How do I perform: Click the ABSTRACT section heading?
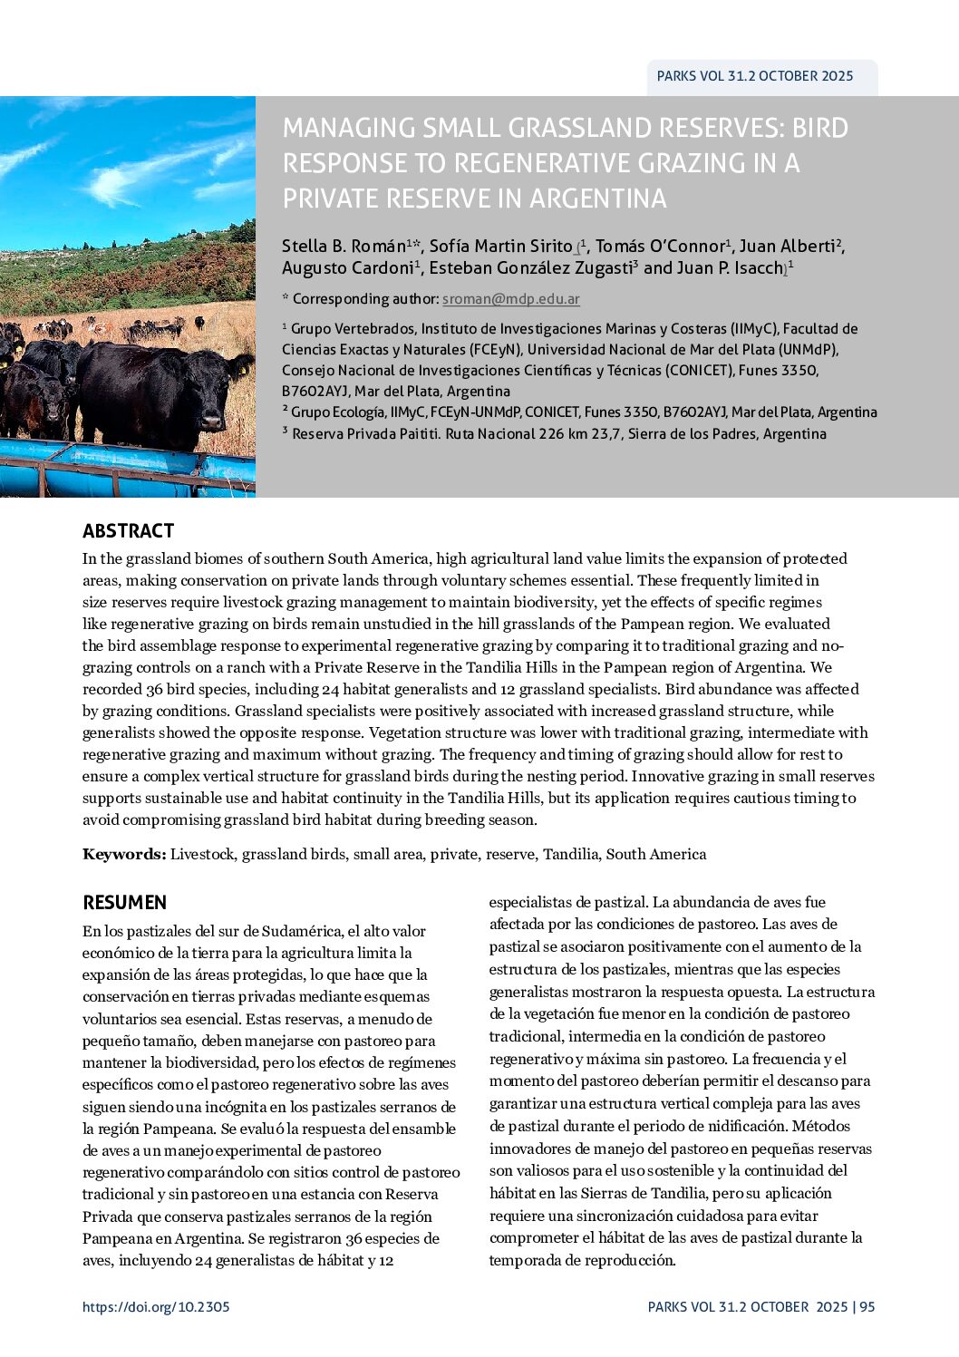pos(128,531)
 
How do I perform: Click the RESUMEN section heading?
pos(124,903)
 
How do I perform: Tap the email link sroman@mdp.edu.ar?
pos(510,299)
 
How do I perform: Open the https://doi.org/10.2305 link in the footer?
pos(156,1307)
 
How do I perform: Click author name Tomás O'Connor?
pos(660,247)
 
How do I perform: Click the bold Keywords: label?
pos(124,854)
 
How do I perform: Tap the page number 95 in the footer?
pos(867,1307)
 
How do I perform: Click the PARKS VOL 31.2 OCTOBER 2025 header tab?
pos(754,77)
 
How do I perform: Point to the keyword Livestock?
pos(203,854)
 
